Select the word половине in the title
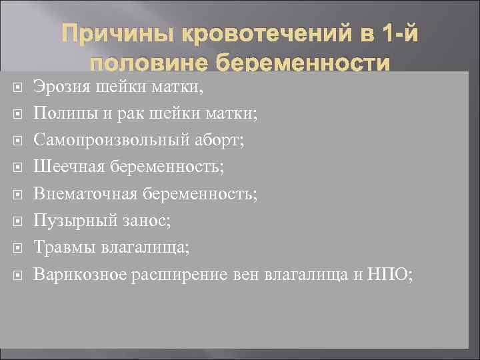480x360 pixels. tap(140, 65)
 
